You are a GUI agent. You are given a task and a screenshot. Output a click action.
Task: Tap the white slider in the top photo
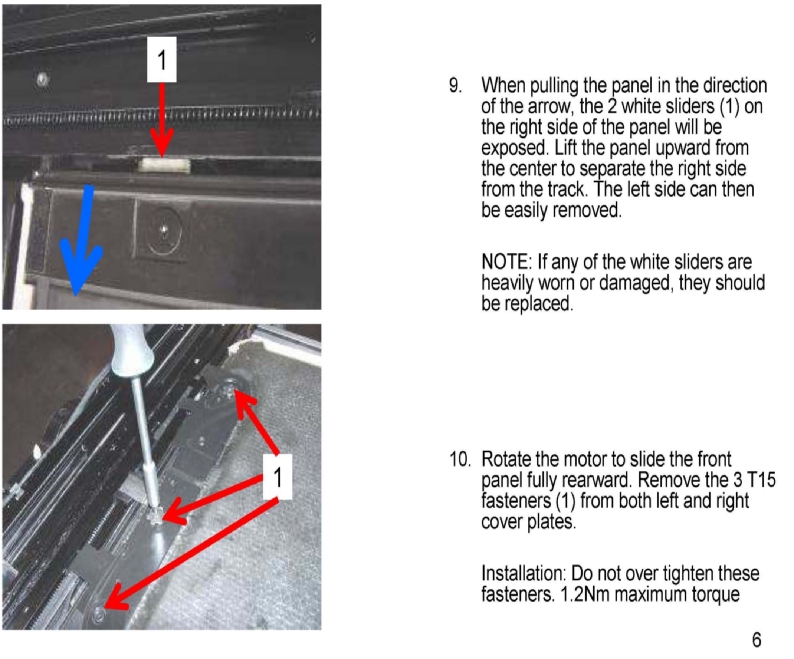click(164, 165)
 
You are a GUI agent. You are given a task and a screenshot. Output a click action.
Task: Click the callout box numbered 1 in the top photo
click(162, 60)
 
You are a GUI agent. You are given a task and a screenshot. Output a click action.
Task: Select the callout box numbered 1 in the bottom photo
click(278, 477)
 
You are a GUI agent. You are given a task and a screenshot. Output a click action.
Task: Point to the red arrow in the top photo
click(162, 120)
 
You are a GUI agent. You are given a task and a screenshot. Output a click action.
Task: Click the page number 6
click(757, 640)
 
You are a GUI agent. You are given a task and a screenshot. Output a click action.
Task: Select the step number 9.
click(455, 85)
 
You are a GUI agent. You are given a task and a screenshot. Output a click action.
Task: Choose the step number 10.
click(460, 459)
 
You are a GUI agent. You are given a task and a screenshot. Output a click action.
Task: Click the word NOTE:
click(507, 262)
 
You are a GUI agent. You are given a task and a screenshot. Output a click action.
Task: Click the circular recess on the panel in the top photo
click(164, 231)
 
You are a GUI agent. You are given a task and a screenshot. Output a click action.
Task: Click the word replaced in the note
click(528, 304)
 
